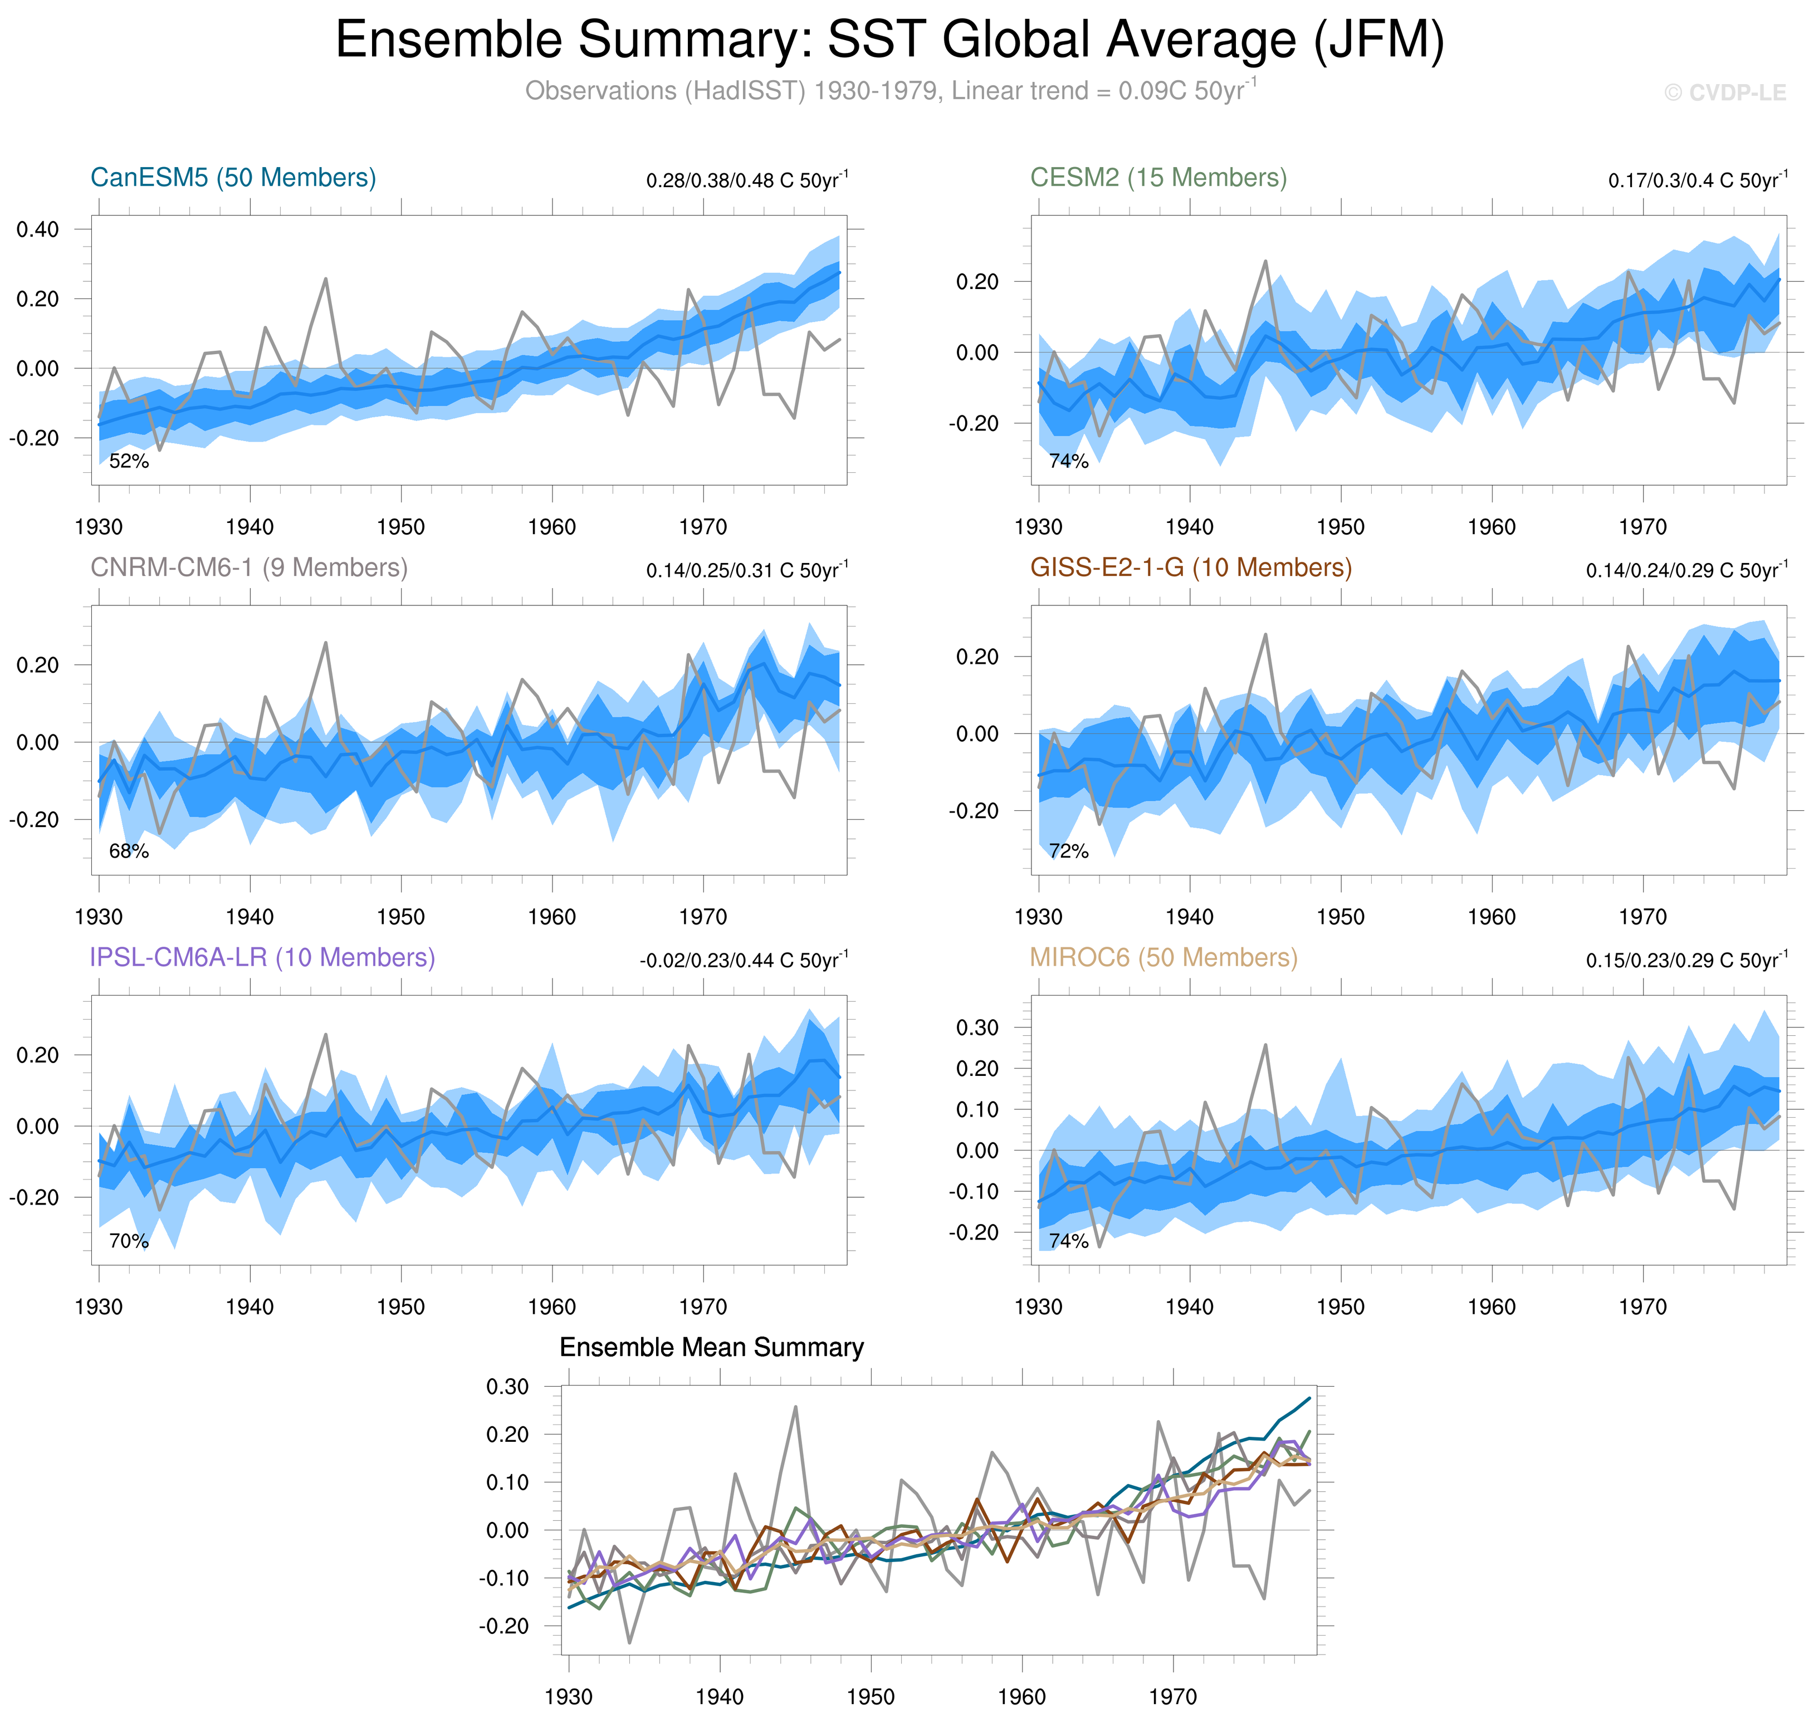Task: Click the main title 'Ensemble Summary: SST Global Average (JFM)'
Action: click(x=889, y=41)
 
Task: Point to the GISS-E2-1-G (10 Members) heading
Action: click(x=1190, y=567)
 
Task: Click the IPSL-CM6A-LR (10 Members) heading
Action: click(x=262, y=957)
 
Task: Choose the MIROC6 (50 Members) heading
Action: click(x=1163, y=957)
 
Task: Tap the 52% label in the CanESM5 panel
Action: click(x=129, y=461)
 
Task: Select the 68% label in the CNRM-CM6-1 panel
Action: click(x=129, y=851)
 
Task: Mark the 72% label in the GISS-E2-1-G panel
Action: click(x=1068, y=851)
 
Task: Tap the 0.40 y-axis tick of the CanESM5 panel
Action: click(x=38, y=229)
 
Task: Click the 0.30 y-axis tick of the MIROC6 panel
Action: click(x=977, y=1028)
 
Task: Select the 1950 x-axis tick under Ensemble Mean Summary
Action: click(x=870, y=1696)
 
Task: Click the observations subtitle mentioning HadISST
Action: click(x=889, y=91)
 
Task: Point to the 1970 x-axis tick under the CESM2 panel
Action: click(x=1642, y=527)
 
